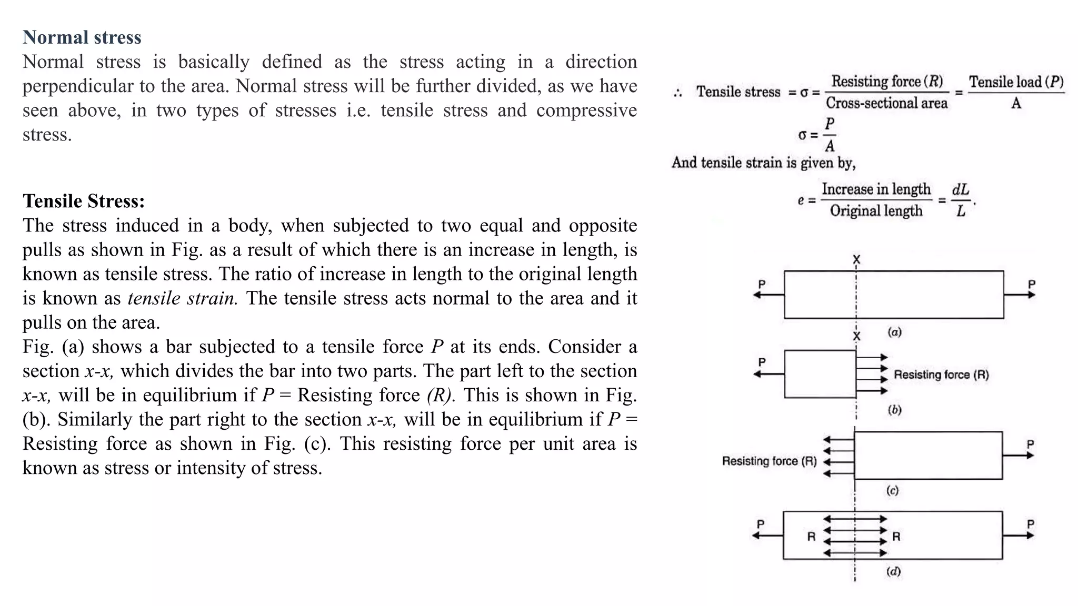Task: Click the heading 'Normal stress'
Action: point(82,37)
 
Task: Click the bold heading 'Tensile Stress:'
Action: point(84,201)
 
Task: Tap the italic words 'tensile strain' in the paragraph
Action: point(183,298)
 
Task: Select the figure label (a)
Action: point(894,332)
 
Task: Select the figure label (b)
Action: point(894,410)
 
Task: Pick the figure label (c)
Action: point(892,490)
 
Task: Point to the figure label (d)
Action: point(893,571)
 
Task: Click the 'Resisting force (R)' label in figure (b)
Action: point(941,375)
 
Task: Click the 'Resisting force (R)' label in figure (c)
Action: point(769,461)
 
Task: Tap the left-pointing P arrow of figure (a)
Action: point(768,295)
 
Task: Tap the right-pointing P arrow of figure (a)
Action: point(1020,295)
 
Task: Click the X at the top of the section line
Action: point(856,259)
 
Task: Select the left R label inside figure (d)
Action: point(811,537)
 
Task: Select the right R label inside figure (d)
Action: point(896,537)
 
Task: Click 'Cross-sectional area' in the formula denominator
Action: point(886,103)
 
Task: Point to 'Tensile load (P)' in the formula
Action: point(1016,82)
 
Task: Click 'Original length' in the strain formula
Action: point(876,211)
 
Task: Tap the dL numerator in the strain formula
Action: point(961,189)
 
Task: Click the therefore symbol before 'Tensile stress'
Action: point(678,93)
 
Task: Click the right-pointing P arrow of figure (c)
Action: point(1019,456)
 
